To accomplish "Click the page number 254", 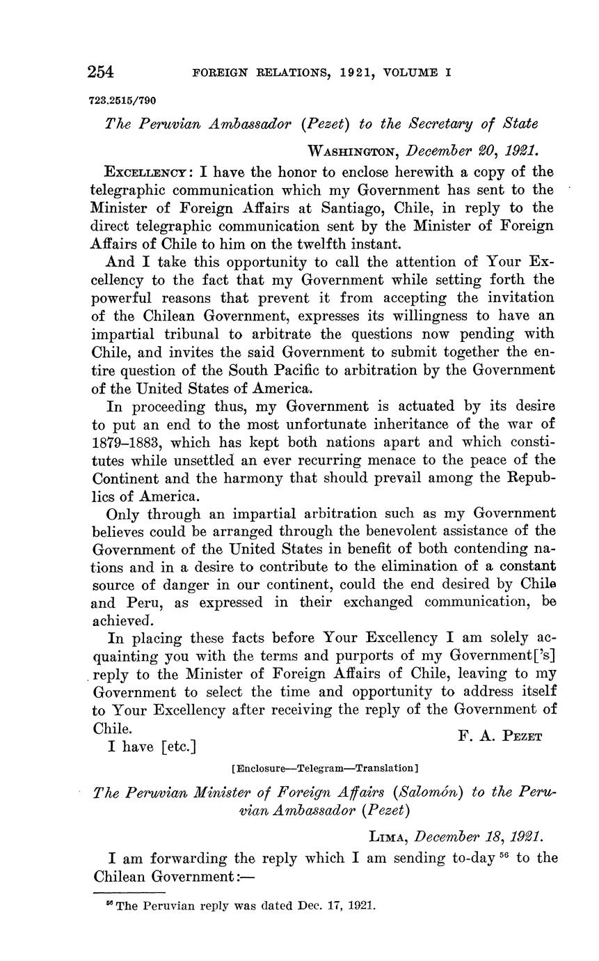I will [101, 72].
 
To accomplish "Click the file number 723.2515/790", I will [122, 100].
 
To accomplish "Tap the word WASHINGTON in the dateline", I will [354, 150].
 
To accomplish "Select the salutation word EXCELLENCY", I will [144, 172].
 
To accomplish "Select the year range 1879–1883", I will [127, 442].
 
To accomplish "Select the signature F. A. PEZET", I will [500, 736].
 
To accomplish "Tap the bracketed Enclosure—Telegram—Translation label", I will [324, 769].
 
